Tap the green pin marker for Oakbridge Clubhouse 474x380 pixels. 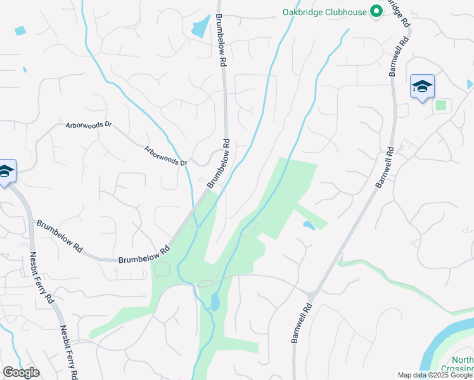(376, 11)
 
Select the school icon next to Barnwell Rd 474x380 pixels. (422, 87)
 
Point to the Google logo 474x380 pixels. (21, 372)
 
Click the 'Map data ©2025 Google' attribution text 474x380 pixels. (435, 375)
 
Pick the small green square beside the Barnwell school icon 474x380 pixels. (440, 104)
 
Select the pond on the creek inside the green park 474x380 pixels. (215, 301)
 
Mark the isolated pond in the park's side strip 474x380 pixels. (309, 225)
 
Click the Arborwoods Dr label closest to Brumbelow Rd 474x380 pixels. (167, 156)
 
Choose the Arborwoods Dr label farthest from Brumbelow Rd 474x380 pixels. (89, 125)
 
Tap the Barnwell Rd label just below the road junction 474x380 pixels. (302, 324)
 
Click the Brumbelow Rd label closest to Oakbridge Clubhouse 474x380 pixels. (221, 41)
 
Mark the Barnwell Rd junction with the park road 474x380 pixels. (311, 296)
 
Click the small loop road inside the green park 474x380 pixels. (163, 269)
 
